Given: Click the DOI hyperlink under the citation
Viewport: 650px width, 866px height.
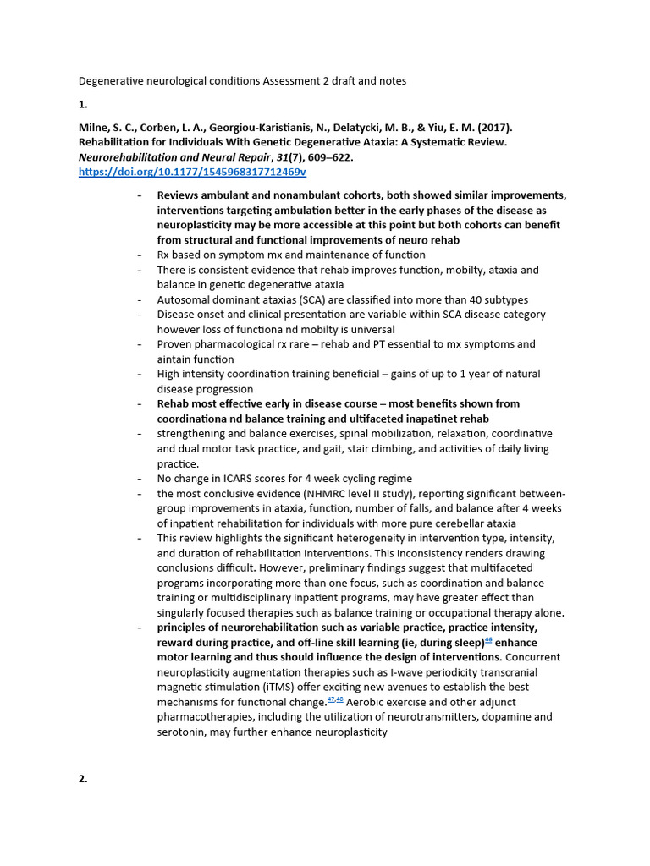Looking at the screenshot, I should pyautogui.click(x=191, y=172).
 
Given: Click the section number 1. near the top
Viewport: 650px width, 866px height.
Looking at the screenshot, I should pyautogui.click(x=83, y=104).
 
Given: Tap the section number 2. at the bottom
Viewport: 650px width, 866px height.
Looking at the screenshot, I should pyautogui.click(x=83, y=779).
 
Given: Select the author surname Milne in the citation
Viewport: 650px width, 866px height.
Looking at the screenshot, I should pyautogui.click(x=95, y=128).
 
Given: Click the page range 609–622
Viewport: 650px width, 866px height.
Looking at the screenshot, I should pyautogui.click(x=326, y=157).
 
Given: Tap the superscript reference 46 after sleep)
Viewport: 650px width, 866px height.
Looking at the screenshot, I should pyautogui.click(x=488, y=640).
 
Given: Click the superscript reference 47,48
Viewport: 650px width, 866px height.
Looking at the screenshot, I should pyautogui.click(x=335, y=700).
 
